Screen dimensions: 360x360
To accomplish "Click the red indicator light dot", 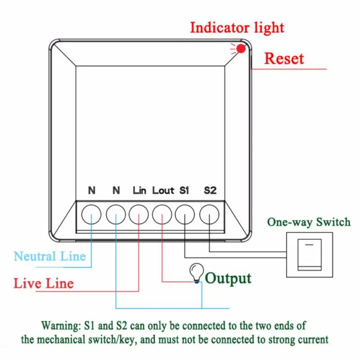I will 241,49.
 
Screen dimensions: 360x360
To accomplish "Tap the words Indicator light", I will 237,27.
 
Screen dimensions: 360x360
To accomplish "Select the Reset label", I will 283,58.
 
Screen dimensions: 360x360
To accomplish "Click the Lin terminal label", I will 139,190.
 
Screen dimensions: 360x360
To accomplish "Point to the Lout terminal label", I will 163,190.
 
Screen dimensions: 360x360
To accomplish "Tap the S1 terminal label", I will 184,190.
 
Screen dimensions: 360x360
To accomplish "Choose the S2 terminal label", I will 210,190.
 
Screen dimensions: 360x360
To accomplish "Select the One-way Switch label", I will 308,222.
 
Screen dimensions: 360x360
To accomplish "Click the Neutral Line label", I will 49,256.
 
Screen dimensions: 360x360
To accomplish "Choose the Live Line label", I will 43,283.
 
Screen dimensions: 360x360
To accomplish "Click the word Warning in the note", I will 59,325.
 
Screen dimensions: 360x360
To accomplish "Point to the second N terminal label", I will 116,190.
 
